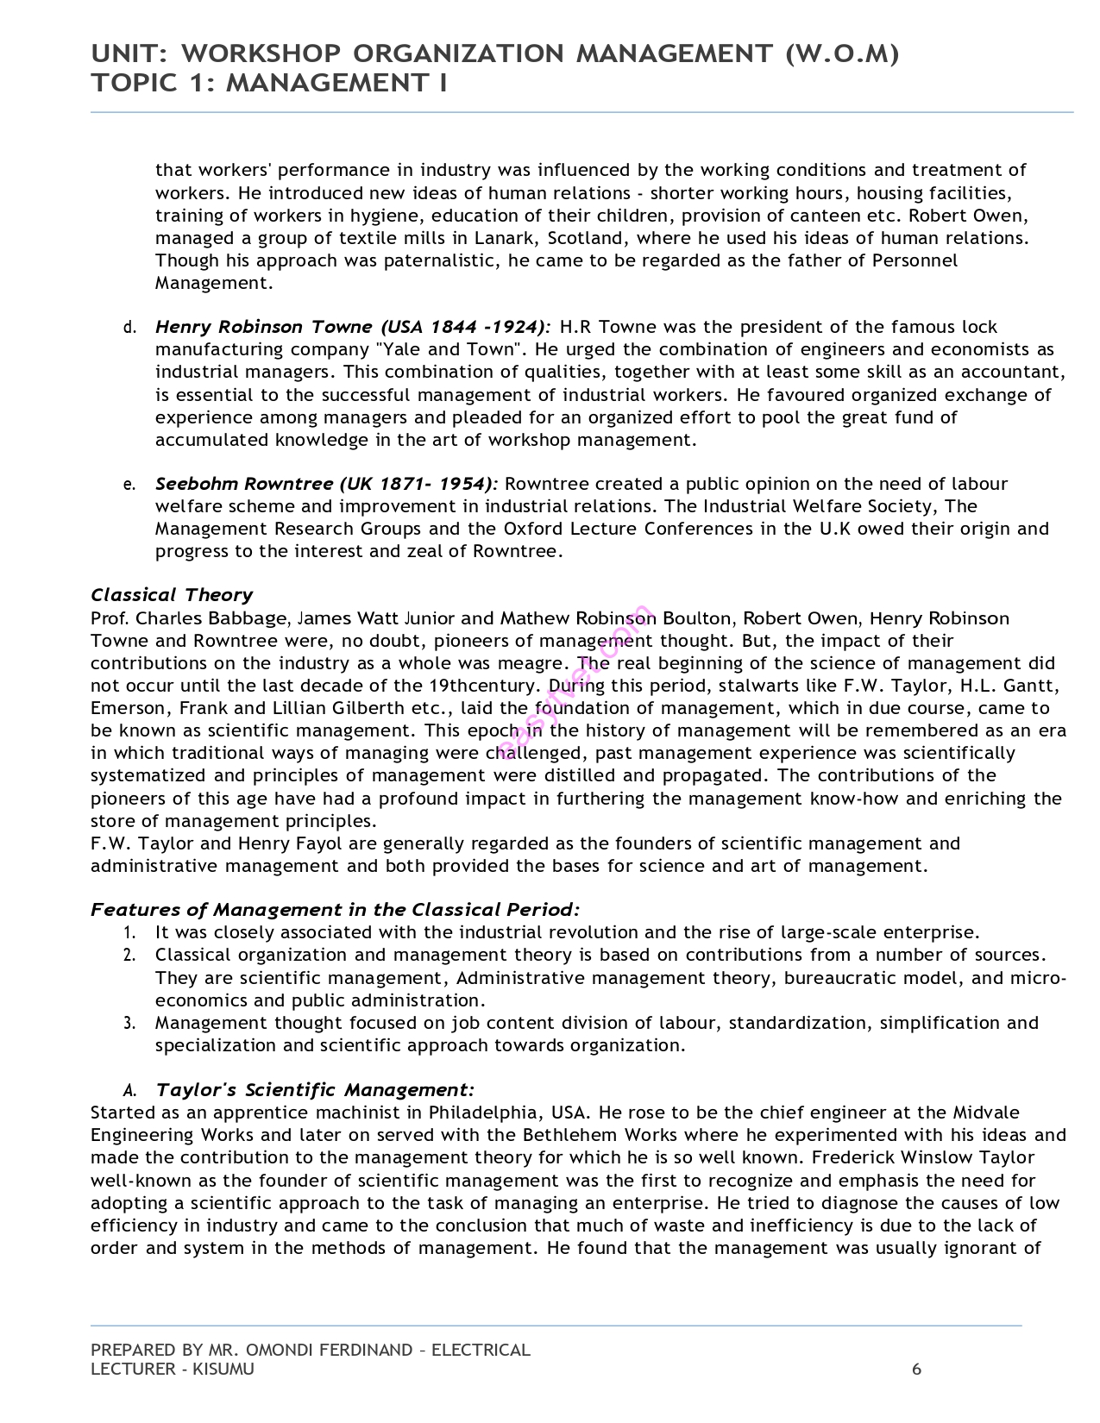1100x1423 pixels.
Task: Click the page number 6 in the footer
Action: pyautogui.click(x=917, y=1370)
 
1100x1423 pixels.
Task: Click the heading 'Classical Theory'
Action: pyautogui.click(x=172, y=595)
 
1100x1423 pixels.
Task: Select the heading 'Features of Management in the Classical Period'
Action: pyautogui.click(x=335, y=910)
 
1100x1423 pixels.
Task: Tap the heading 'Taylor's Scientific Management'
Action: pyautogui.click(x=315, y=1090)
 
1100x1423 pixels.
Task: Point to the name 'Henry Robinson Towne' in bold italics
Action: pyautogui.click(x=264, y=327)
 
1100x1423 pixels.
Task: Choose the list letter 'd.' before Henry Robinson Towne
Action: pyautogui.click(x=129, y=328)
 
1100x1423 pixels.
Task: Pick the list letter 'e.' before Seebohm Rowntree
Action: pyautogui.click(x=129, y=485)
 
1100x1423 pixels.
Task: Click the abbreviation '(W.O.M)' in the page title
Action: pyautogui.click(x=842, y=54)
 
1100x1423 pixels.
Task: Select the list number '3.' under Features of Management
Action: pyautogui.click(x=129, y=1024)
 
